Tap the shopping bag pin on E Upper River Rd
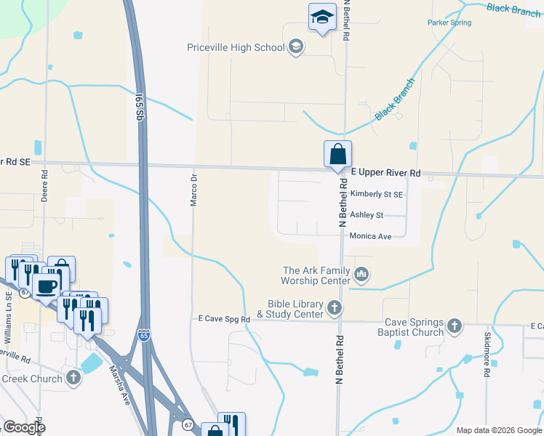click(x=337, y=155)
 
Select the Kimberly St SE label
click(x=376, y=195)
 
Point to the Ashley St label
click(x=367, y=215)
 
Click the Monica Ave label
click(x=370, y=236)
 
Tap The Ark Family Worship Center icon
click(x=362, y=274)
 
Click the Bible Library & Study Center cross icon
click(x=335, y=308)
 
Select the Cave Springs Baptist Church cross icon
click(x=455, y=326)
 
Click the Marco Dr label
click(x=193, y=190)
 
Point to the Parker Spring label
click(x=449, y=23)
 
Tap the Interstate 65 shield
click(x=144, y=336)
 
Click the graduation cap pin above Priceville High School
click(x=321, y=17)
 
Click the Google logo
click(x=24, y=427)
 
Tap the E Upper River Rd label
click(x=385, y=173)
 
